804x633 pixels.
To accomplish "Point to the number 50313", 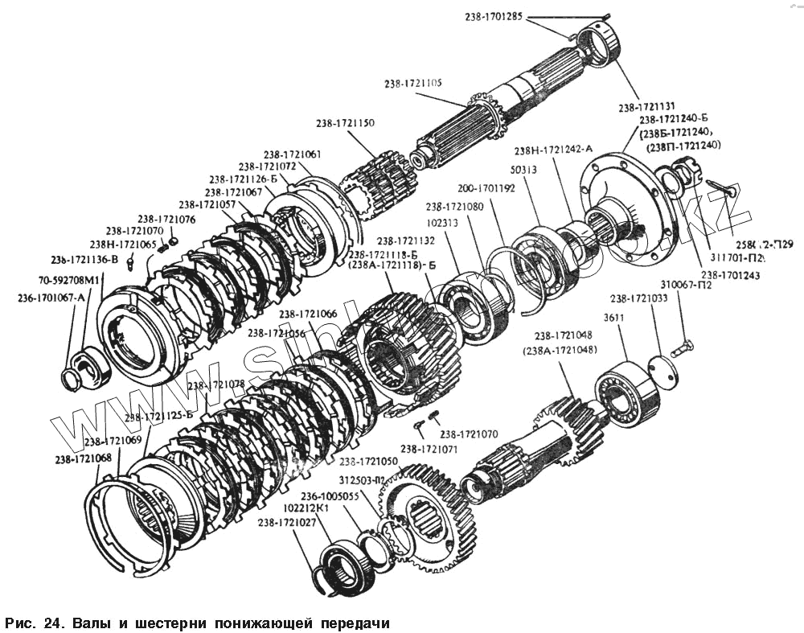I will tap(523, 171).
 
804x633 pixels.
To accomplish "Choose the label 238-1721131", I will tap(646, 107).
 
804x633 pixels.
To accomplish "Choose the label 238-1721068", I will tap(84, 459).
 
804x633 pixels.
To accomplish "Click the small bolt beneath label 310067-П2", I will tap(683, 349).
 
